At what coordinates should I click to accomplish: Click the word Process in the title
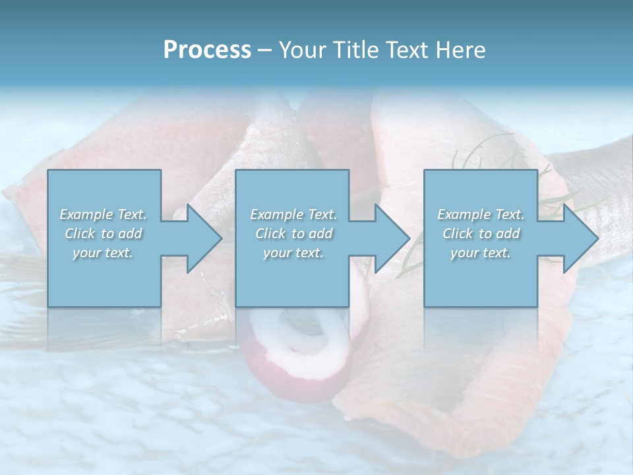coord(207,50)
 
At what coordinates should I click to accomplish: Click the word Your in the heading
coord(304,50)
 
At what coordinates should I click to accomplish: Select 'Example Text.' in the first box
coord(103,214)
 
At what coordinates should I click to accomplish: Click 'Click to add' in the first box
coord(103,234)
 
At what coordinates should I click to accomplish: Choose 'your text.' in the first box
coord(103,253)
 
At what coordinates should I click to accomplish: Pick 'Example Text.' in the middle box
coord(293,214)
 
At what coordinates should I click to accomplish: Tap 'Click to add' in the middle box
coord(293,234)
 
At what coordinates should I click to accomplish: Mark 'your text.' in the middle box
coord(293,253)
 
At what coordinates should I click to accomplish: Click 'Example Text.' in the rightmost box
coord(481,214)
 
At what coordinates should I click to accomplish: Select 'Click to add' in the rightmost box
coord(481,234)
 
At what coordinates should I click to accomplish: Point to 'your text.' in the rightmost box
coord(481,253)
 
